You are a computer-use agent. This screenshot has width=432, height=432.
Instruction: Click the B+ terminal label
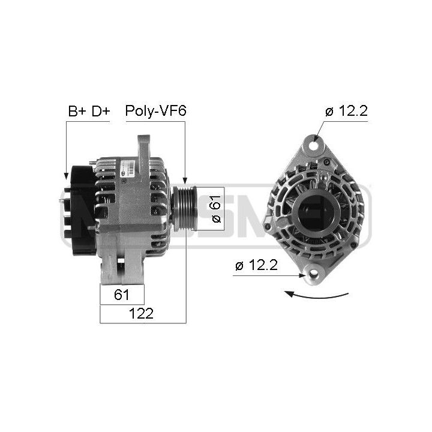pos(77,111)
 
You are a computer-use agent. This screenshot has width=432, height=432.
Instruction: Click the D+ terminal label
pos(101,111)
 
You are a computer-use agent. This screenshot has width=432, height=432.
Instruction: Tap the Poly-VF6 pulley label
pos(155,111)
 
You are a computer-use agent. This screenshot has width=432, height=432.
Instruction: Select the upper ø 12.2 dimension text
pos(346,111)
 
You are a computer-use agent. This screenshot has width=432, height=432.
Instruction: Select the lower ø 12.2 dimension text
pos(256,265)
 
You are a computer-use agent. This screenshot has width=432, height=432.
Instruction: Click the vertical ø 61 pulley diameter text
pos(216,209)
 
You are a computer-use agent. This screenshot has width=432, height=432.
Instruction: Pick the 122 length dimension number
pos(141,314)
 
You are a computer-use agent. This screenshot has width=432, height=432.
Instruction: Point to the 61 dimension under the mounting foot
pos(121,295)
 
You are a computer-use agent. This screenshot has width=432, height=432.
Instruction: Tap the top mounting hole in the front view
pos(314,145)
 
